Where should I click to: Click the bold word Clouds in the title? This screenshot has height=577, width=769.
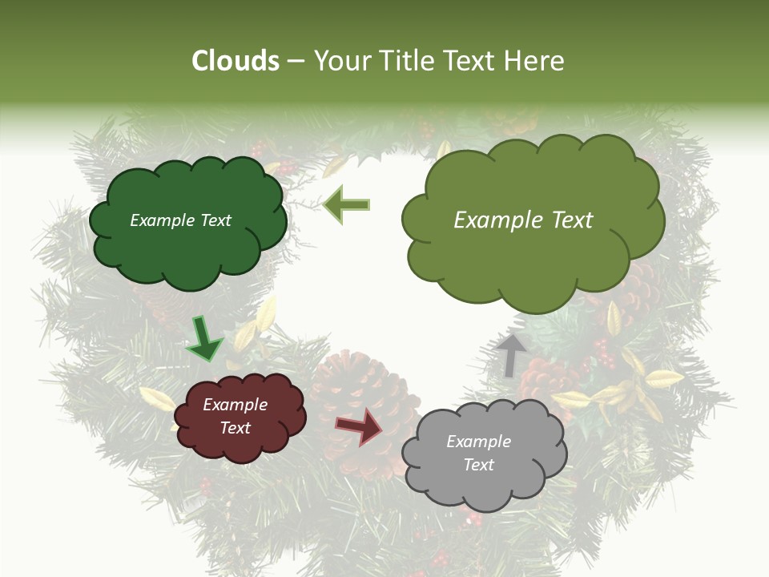pyautogui.click(x=236, y=61)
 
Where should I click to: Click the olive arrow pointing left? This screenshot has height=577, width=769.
pyautogui.click(x=347, y=204)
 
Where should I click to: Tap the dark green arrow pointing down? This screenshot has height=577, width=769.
pyautogui.click(x=204, y=337)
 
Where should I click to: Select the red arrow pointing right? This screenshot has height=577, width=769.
pyautogui.click(x=360, y=426)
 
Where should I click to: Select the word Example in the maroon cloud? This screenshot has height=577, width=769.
pyautogui.click(x=235, y=405)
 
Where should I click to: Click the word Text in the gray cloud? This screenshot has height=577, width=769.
pyautogui.click(x=478, y=465)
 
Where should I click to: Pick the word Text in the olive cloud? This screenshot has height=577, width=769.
pyautogui.click(x=572, y=220)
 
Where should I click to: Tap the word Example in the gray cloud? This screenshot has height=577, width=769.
pyautogui.click(x=478, y=442)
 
